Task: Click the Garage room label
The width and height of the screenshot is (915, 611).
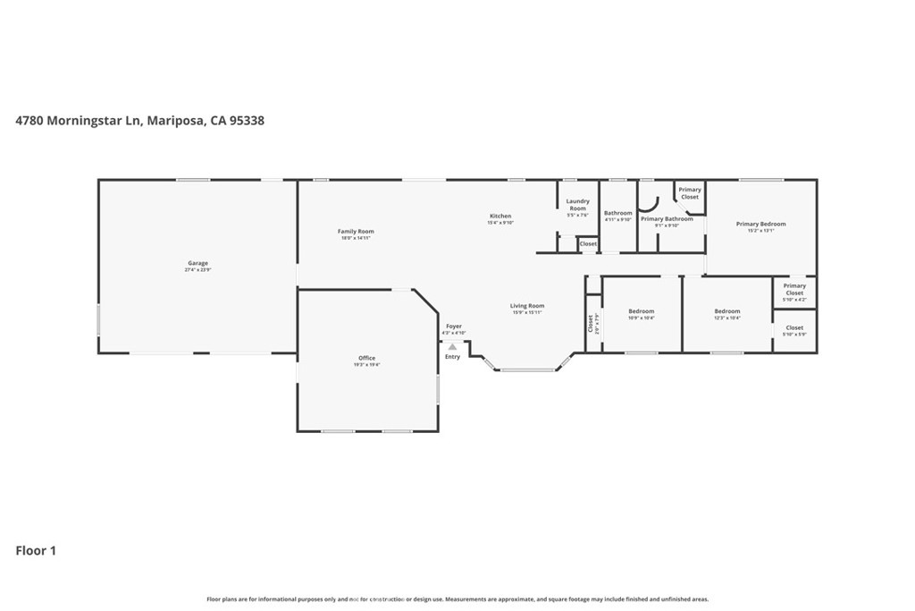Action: pos(197,263)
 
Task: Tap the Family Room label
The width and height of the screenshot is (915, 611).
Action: pos(355,232)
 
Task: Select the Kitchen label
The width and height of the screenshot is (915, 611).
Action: pos(499,216)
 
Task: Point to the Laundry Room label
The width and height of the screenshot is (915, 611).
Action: pos(577,205)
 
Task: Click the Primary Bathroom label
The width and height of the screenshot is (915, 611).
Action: pos(666,219)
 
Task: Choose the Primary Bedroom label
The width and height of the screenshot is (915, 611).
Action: pos(760,224)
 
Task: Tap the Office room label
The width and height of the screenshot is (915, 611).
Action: pos(367,358)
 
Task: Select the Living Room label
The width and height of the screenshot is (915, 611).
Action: pos(527,306)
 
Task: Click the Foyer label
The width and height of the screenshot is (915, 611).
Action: pos(454,327)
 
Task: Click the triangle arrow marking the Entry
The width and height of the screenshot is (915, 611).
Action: pos(452,346)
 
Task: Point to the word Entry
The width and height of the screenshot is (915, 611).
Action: pos(452,357)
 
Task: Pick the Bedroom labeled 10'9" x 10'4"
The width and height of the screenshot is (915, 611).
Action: pos(641,311)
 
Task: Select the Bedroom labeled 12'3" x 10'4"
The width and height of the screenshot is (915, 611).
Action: pos(726,311)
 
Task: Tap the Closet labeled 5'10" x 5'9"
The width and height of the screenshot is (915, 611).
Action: pos(794,328)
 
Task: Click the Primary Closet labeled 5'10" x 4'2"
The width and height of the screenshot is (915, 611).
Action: pos(794,289)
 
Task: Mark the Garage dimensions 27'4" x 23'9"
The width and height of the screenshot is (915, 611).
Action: pos(197,269)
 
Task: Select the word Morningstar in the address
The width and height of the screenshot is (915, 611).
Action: pos(93,120)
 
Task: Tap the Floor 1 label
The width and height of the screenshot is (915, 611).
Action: pos(36,551)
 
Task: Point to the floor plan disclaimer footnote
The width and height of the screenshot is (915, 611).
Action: pos(457,599)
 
